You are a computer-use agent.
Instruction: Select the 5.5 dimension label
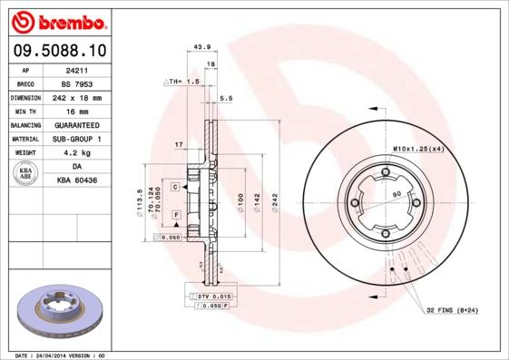point(227,98)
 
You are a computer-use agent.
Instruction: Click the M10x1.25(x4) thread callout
point(418,148)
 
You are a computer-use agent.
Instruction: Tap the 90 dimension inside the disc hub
point(396,194)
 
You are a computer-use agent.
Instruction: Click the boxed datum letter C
point(174,185)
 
